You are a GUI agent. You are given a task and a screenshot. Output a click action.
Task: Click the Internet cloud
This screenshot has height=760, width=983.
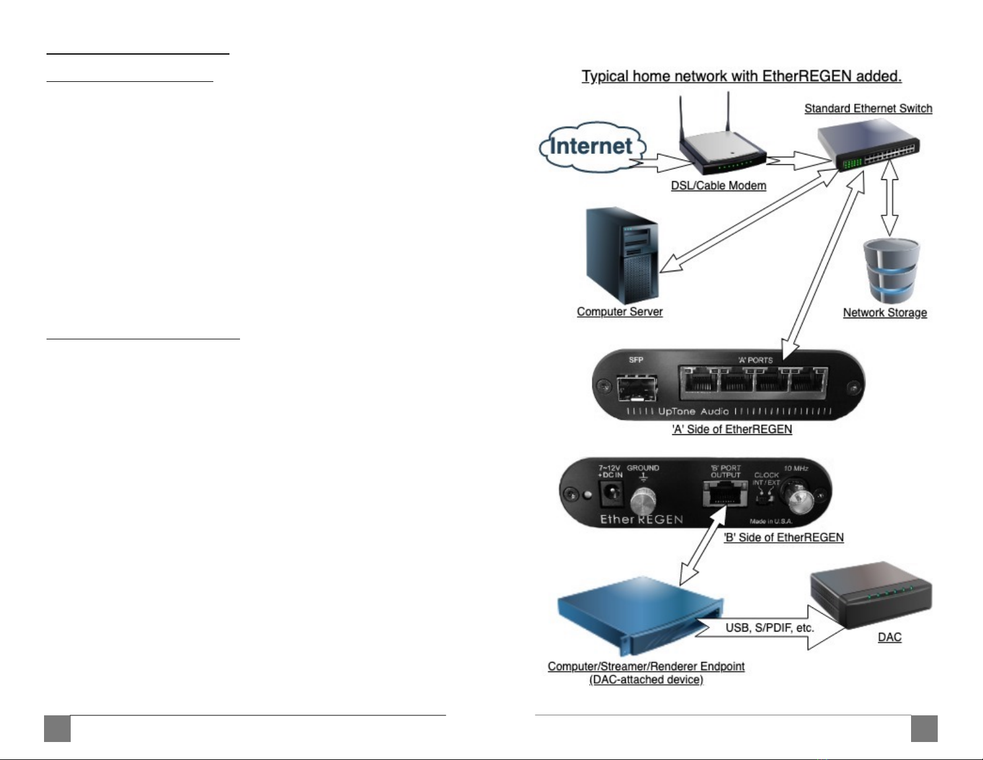591,146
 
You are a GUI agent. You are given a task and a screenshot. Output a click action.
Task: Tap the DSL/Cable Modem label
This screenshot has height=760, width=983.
718,186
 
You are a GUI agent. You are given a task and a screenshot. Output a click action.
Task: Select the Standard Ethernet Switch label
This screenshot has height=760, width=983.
868,109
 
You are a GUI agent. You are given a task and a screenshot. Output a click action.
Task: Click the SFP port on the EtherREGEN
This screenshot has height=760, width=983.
637,389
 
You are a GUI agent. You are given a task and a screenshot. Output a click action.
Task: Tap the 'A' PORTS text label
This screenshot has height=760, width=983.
755,360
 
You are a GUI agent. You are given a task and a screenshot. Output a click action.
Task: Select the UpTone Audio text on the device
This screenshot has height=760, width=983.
693,411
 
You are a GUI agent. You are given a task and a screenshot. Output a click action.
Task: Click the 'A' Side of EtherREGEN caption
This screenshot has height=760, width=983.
732,429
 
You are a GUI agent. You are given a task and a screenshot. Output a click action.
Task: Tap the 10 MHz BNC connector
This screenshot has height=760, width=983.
796,496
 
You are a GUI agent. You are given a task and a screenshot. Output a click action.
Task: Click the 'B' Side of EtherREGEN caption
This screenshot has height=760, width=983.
783,537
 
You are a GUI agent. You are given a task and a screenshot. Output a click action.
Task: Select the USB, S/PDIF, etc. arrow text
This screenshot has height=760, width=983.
770,628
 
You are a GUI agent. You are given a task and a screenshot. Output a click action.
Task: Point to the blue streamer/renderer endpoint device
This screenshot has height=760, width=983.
639,614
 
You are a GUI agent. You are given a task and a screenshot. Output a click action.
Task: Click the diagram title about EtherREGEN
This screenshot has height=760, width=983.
741,76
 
